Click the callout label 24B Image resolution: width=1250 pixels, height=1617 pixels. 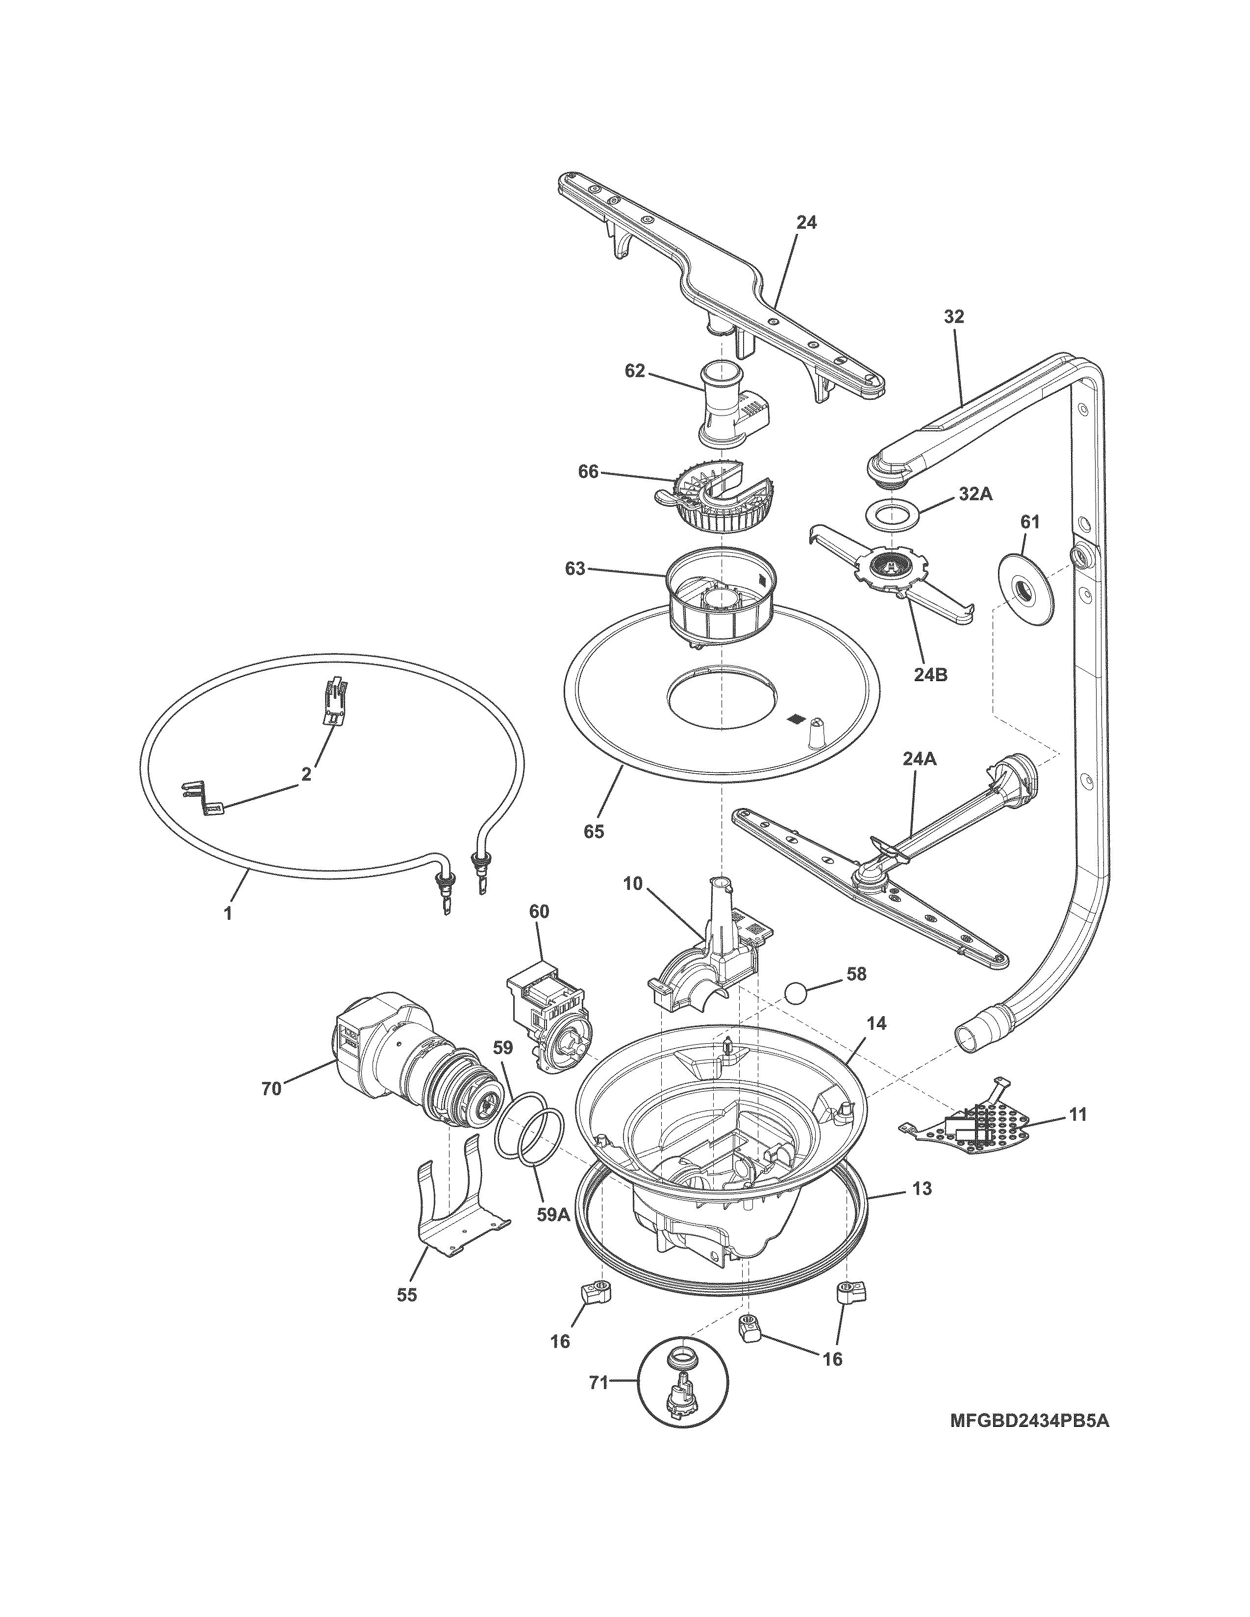click(x=930, y=675)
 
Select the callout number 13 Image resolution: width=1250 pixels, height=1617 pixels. click(x=923, y=1189)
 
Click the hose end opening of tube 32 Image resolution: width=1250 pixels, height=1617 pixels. click(x=969, y=1034)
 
